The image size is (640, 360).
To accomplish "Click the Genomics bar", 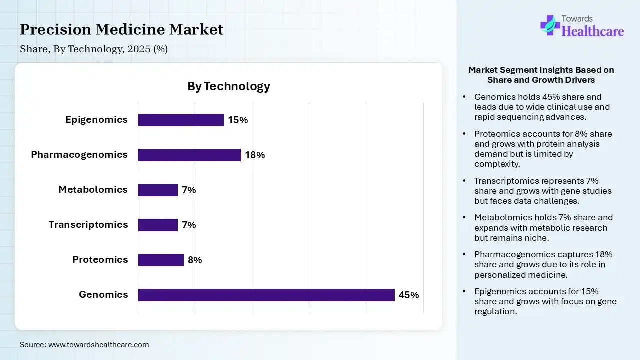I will [266, 295].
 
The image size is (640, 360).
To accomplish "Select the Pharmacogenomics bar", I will [189, 155].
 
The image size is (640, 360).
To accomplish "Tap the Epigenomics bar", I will [181, 120].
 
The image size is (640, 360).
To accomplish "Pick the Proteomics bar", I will [161, 260].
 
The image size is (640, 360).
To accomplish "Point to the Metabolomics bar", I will [158, 190].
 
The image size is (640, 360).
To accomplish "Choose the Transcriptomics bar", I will [158, 225].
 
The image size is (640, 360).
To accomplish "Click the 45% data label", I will [408, 295].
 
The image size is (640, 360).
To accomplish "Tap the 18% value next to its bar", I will [255, 155].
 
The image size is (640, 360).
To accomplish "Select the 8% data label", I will [195, 260].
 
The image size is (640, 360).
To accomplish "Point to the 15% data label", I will [238, 120].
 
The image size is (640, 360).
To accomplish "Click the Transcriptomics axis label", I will [88, 225].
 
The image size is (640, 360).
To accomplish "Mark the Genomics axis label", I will [103, 295].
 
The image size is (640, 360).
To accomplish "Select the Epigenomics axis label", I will [96, 120].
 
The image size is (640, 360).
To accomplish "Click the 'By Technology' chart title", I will [229, 86].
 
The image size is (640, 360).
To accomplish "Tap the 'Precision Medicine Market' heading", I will [121, 30].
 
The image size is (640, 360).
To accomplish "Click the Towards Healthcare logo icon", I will [549, 24].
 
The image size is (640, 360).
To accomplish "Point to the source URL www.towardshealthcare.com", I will [98, 345].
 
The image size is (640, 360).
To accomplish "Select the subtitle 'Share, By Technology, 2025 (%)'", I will [94, 49].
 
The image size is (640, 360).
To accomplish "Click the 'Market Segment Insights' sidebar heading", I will [541, 75].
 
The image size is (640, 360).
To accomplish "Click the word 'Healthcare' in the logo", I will [593, 31].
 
